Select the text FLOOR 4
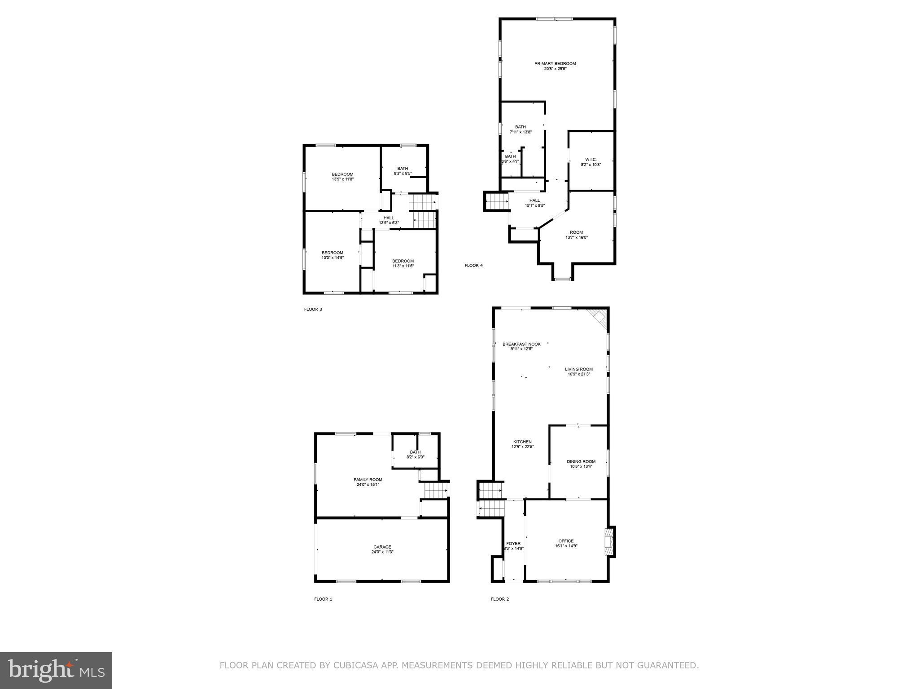[x=473, y=266]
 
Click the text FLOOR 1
[x=323, y=599]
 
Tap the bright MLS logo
[x=56, y=670]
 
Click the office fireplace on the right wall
[x=609, y=541]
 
